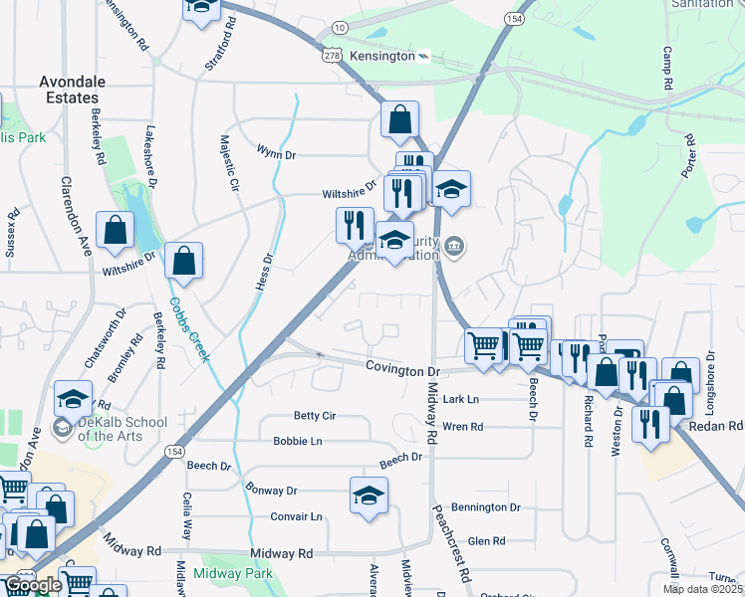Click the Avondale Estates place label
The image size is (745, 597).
click(x=69, y=90)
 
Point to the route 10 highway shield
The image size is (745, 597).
click(x=341, y=27)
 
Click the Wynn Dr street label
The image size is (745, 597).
click(x=277, y=153)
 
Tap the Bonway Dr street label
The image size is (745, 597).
click(x=271, y=491)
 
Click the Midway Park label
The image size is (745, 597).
click(x=233, y=574)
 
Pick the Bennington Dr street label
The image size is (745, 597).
click(x=486, y=507)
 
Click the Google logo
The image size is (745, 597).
click(x=32, y=585)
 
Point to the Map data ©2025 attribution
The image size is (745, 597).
click(x=701, y=589)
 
